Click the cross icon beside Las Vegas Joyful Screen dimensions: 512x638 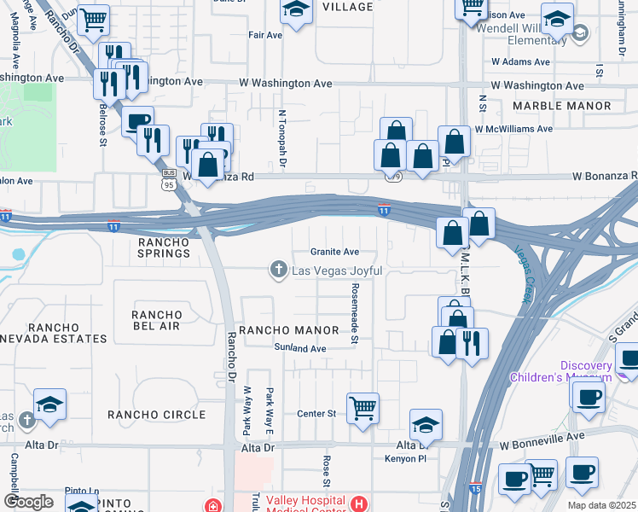tap(277, 271)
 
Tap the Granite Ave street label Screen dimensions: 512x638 tap(334, 252)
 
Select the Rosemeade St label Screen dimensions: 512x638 tap(354, 316)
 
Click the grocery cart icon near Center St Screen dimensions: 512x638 tap(363, 408)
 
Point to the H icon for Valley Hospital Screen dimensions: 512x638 tap(359, 504)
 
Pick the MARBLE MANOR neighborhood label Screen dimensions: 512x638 tap(562, 106)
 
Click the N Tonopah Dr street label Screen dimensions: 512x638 tap(281, 137)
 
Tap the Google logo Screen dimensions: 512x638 tap(29, 501)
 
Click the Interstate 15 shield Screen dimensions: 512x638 tap(473, 487)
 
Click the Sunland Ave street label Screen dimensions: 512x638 tap(300, 348)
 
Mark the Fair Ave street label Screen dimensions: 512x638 tap(264, 35)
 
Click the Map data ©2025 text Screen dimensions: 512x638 tap(600, 505)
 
